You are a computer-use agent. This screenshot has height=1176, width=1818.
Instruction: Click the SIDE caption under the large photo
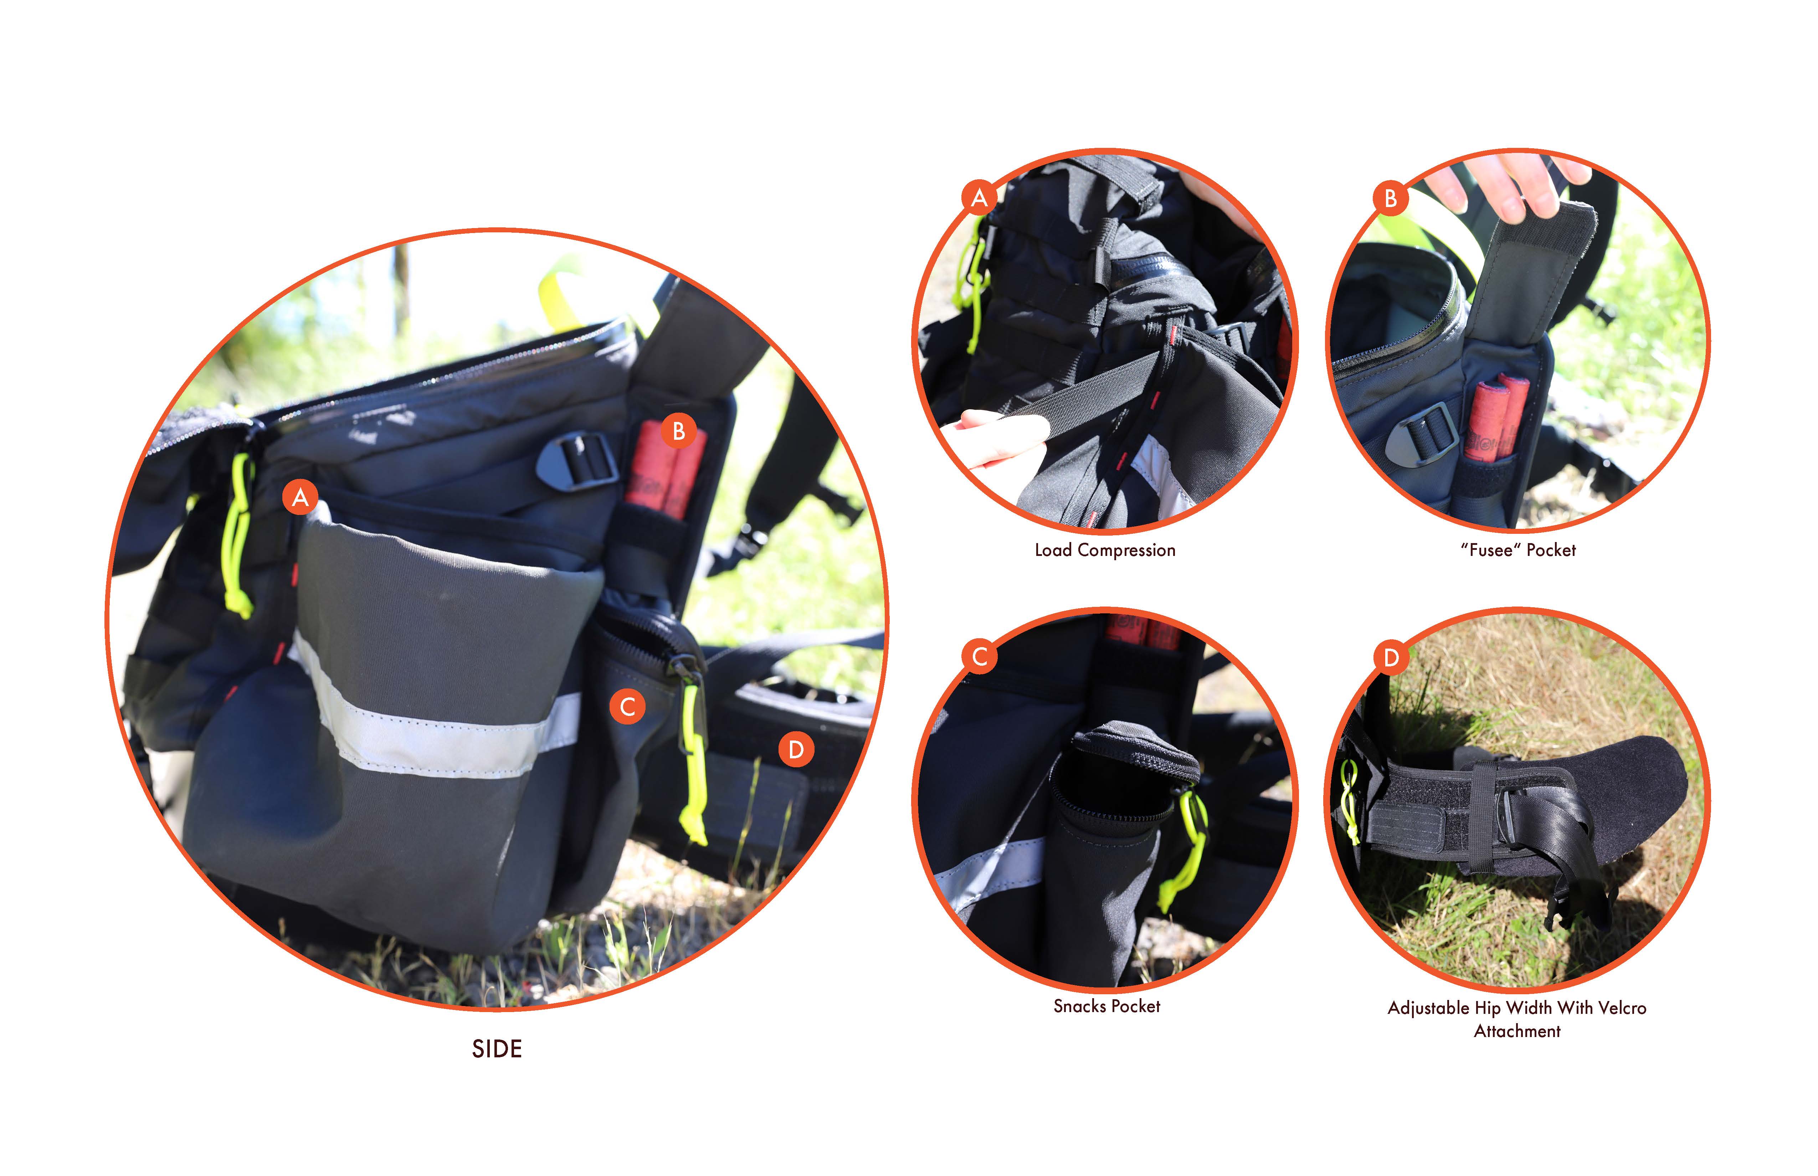point(497,1049)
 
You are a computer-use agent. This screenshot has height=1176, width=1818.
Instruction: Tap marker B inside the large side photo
point(678,432)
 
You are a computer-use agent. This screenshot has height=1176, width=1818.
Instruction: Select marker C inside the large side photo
point(627,706)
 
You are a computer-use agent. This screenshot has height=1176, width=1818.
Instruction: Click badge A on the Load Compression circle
point(979,198)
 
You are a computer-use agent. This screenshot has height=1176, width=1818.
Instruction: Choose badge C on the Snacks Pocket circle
point(979,657)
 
